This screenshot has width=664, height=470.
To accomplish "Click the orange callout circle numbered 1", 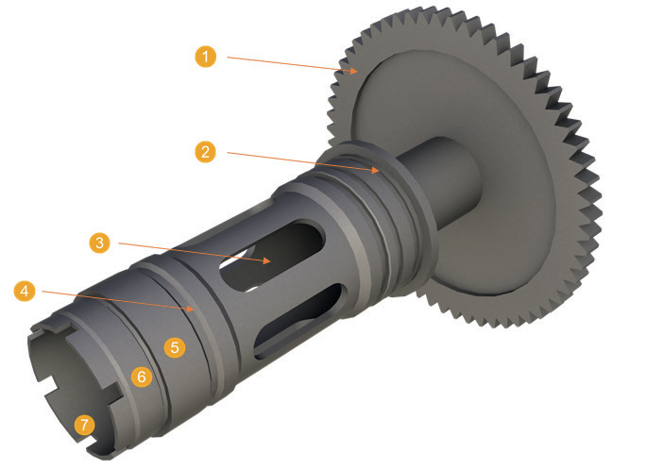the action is pos(206,57).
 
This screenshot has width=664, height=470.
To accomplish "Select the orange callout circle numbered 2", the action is pos(205,152).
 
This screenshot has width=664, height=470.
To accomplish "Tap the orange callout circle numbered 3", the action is pos(99,243).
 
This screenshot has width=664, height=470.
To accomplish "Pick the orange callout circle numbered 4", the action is pos(25,291).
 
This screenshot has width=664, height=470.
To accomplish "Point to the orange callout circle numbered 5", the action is pos(175,347).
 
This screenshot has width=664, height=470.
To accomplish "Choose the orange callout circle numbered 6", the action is pos(142,377).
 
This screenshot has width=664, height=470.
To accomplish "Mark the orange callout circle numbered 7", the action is pos(84,425).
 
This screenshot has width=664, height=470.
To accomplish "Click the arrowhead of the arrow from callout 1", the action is pos(354,71).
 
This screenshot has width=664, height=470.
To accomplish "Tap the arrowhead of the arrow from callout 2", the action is pos(375,170).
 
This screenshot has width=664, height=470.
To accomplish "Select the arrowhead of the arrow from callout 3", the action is pos(266,260).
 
